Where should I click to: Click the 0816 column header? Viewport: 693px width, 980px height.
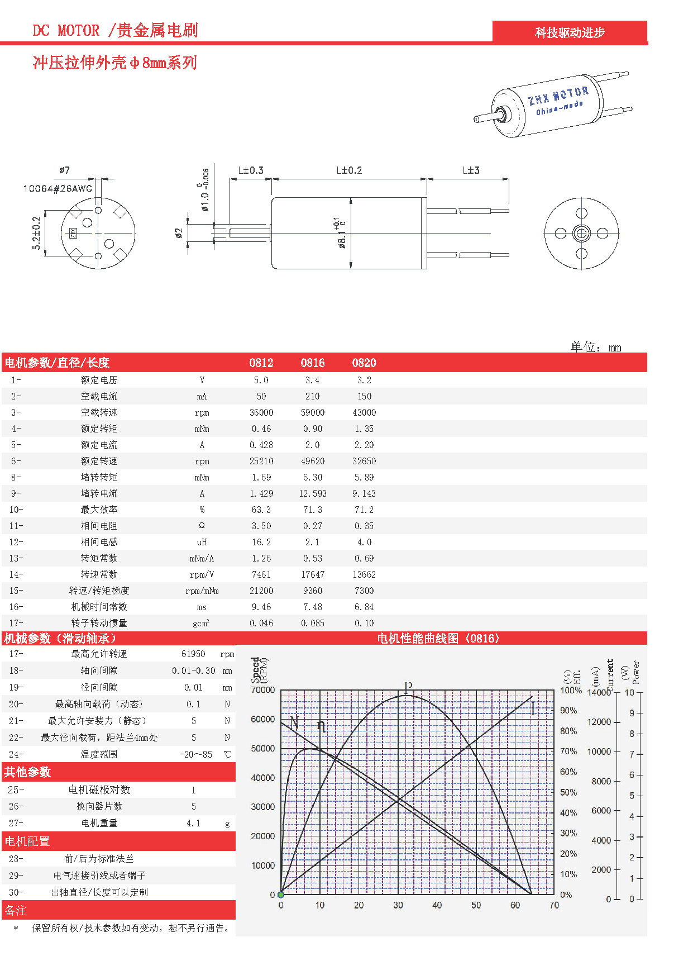click(x=312, y=363)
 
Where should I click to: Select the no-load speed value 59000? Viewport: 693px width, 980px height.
click(x=312, y=412)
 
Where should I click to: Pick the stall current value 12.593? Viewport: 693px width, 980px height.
click(x=312, y=493)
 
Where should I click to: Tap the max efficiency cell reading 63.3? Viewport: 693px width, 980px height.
click(x=261, y=510)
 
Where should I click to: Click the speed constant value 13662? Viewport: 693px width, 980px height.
click(x=364, y=574)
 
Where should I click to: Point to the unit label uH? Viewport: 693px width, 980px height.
click(x=202, y=542)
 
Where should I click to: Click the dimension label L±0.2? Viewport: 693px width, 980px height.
click(x=349, y=170)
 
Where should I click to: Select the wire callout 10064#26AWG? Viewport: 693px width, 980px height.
click(x=58, y=188)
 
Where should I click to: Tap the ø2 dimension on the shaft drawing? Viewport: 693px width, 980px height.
click(x=179, y=233)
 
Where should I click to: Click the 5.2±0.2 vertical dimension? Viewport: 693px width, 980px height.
click(x=36, y=233)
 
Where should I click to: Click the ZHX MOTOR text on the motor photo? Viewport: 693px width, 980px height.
click(x=558, y=96)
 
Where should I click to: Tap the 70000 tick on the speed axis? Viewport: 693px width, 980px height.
click(x=262, y=690)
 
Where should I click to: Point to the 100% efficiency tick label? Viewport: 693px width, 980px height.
click(x=571, y=690)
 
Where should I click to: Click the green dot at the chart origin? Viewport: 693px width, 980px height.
click(x=281, y=895)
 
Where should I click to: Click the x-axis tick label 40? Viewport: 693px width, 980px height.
click(x=437, y=905)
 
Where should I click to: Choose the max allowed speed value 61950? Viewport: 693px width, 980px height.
click(x=193, y=654)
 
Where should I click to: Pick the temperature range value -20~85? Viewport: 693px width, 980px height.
click(x=195, y=754)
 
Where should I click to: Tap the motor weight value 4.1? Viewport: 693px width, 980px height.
click(x=193, y=823)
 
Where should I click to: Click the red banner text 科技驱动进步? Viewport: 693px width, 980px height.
click(x=570, y=32)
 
